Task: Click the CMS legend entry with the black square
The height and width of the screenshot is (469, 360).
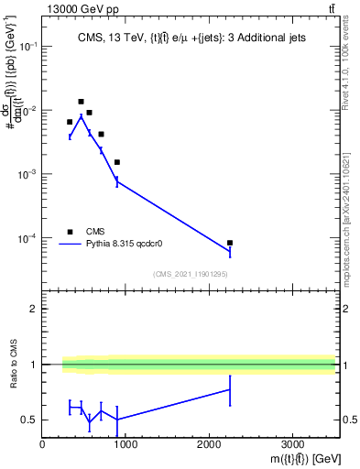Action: coord(96,232)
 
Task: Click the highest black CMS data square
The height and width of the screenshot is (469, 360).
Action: coord(82,102)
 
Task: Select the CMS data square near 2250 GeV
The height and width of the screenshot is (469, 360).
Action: coord(230,243)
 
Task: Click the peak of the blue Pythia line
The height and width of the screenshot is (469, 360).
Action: coord(81,116)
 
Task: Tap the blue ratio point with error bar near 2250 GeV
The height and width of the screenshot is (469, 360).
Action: coord(230,389)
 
